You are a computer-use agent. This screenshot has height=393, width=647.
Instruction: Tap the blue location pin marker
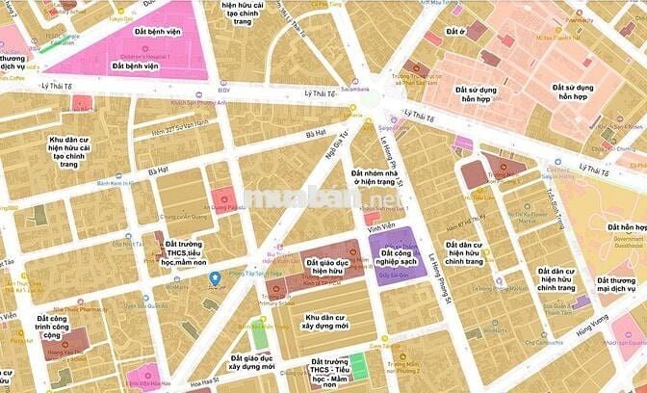pyautogui.click(x=214, y=279)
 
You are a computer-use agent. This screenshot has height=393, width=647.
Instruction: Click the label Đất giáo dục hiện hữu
pyautogui.click(x=325, y=266)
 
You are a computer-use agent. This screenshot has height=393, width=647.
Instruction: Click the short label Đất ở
pyautogui.click(x=455, y=32)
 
